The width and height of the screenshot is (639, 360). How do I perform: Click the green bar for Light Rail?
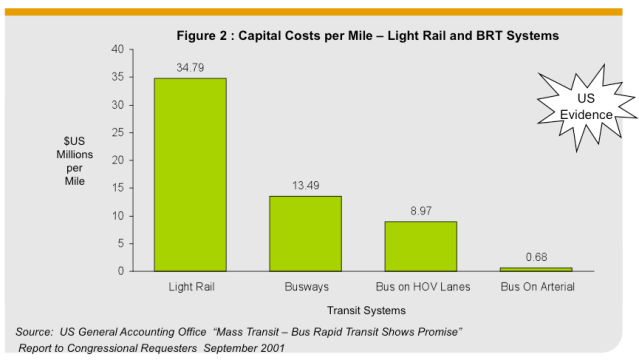(x=190, y=174)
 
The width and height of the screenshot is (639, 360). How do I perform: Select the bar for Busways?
(x=305, y=233)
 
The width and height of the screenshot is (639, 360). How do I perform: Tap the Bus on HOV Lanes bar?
(x=420, y=246)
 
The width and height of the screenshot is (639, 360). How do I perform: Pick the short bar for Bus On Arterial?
(x=536, y=269)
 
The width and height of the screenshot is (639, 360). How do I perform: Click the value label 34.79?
(x=190, y=68)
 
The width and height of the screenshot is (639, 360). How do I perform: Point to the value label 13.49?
(x=305, y=186)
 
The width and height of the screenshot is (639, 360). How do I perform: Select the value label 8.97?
(x=420, y=211)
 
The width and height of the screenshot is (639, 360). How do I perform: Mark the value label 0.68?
(x=536, y=257)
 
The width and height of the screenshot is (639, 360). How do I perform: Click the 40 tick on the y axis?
(x=117, y=50)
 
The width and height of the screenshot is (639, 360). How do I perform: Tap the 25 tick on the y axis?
(x=117, y=133)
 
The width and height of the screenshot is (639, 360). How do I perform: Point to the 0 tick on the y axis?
(x=120, y=271)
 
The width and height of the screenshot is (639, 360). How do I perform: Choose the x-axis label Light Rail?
(x=190, y=288)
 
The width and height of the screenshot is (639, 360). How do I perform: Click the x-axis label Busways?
(x=305, y=288)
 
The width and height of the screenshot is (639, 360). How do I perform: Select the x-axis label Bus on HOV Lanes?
(x=420, y=288)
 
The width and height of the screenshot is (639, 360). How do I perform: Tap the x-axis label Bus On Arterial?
(x=536, y=288)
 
